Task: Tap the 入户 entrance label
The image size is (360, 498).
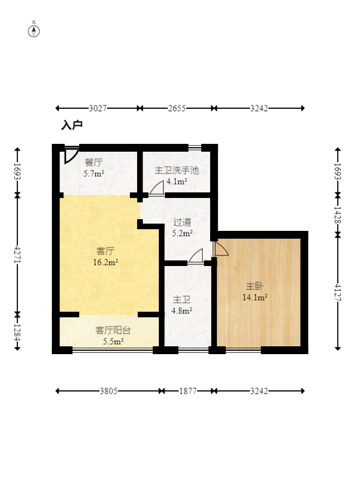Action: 72,125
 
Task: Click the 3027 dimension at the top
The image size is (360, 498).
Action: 98,108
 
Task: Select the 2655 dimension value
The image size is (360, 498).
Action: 177,108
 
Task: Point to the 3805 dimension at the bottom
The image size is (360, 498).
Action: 109,391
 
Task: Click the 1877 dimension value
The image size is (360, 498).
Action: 188,391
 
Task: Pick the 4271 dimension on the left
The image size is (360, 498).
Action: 17,255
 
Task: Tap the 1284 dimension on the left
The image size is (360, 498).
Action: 17,332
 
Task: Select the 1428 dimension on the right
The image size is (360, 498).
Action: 338,215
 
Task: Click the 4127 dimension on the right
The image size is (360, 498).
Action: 338,292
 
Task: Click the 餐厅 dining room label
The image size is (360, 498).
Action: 94,163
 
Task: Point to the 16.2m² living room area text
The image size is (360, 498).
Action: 105,262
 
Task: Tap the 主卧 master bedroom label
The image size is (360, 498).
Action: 255,286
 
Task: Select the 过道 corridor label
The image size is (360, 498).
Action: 182,222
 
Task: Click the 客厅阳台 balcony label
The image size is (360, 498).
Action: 113,330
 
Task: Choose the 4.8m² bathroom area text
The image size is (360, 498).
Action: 182,311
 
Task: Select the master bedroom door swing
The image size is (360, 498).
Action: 221,249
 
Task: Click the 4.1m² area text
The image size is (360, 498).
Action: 177,182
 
